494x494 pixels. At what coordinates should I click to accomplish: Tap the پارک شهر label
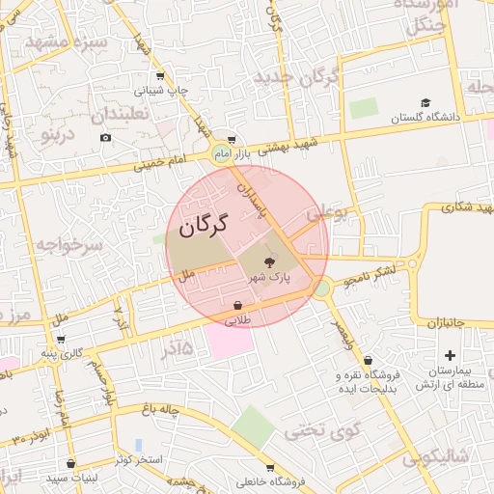268,278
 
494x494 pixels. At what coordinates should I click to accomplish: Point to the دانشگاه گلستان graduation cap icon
425,103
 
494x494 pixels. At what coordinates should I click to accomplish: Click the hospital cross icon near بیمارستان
450,355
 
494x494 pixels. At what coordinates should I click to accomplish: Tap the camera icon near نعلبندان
105,138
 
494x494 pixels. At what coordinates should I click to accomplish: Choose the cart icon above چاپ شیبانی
159,76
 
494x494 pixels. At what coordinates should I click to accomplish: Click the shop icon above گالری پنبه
61,339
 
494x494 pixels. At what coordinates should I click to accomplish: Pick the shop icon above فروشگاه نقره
368,361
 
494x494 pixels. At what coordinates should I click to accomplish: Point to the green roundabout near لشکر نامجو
322,288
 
